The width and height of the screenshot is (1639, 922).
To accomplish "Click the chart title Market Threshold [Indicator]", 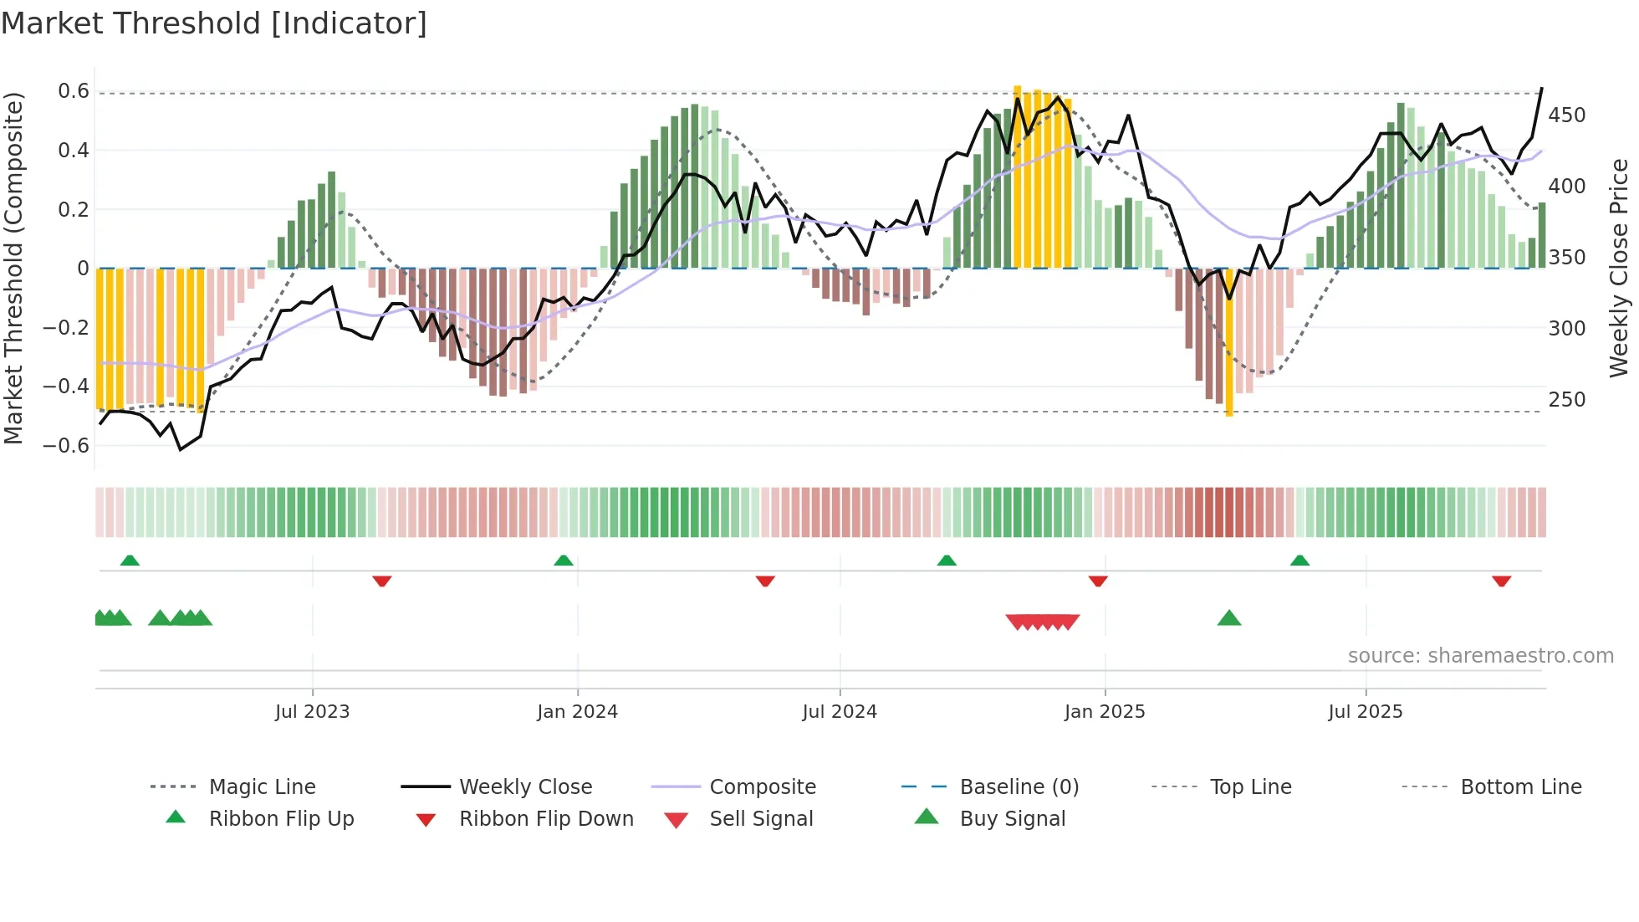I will [214, 23].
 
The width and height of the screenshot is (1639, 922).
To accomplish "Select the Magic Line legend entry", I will [262, 786].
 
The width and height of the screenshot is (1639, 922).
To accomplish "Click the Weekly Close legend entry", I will [525, 786].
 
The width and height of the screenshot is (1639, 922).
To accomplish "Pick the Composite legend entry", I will [762, 786].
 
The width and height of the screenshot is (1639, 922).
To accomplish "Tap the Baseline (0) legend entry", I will [1019, 786].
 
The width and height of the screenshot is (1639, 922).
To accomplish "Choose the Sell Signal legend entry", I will [760, 818].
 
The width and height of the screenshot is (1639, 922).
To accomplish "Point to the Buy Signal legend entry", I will [1012, 818].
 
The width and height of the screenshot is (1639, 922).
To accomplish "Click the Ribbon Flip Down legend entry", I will [545, 818].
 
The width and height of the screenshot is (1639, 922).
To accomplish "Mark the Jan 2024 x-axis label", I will [577, 711].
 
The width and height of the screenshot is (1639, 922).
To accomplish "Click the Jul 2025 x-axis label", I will [1365, 711].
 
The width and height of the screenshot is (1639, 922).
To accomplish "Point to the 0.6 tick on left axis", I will [74, 91].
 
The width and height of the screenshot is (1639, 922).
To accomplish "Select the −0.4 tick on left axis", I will [66, 386].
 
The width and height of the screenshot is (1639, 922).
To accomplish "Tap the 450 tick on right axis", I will [1566, 115].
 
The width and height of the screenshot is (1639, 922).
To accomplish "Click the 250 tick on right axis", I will [1566, 399].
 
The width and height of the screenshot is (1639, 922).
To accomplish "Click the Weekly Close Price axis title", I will [1619, 268].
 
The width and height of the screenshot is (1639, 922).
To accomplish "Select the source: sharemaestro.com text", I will [1480, 655].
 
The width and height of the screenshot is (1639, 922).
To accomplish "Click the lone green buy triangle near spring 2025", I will [1228, 618].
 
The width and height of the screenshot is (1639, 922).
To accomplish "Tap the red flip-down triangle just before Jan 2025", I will [1098, 581].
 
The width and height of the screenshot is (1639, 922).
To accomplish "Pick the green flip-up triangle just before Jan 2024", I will [564, 561].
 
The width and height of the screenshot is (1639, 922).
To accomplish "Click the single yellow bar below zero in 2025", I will [1228, 343].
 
